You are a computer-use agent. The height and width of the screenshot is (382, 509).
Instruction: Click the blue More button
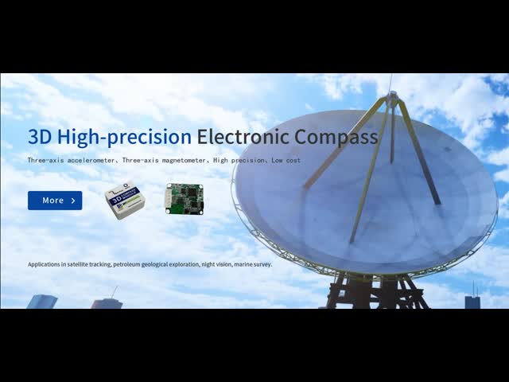(x=55, y=201)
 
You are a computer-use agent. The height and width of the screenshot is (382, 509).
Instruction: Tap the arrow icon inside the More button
(x=73, y=201)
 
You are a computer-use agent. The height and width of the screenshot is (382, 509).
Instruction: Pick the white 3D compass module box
(x=126, y=201)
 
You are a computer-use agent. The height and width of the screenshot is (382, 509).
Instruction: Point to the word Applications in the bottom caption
(x=45, y=264)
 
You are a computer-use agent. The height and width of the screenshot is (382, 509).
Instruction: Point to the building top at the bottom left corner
(x=42, y=301)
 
